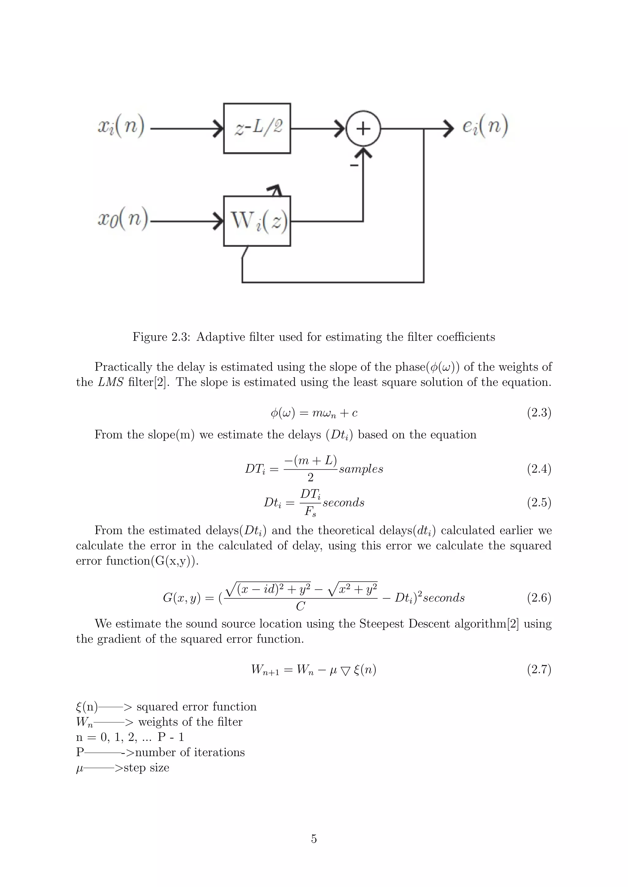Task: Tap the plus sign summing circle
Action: point(363,129)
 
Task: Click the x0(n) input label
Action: point(123,219)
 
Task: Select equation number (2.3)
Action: point(539,413)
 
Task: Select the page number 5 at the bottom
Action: point(314,839)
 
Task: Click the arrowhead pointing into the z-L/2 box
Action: point(219,128)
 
